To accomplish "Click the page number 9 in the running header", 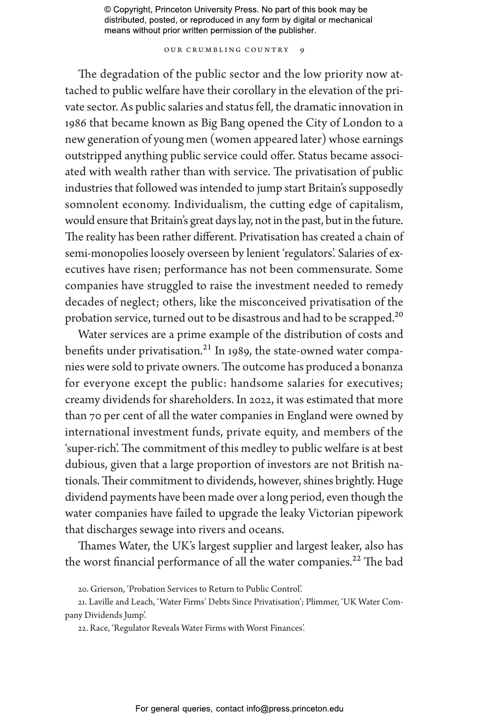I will (x=302, y=50).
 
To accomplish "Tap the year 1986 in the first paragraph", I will (x=76, y=124).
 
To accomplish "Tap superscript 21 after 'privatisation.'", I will (x=207, y=348).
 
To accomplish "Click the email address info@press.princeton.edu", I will (x=295, y=709).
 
